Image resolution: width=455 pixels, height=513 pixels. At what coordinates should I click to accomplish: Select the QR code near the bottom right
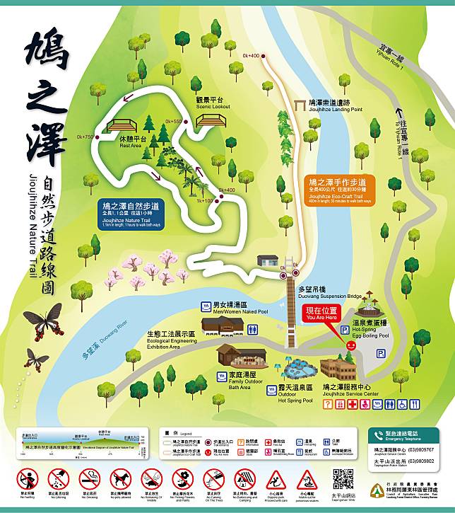[343, 479]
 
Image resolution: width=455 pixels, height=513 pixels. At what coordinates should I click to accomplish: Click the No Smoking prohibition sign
[90, 479]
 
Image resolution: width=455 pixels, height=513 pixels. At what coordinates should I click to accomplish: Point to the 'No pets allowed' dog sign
[121, 479]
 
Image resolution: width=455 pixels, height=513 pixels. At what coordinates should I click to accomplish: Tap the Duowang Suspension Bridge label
[331, 294]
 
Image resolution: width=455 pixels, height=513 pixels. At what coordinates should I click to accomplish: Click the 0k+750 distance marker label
[86, 137]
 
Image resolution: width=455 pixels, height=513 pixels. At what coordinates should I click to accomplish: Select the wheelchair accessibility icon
[402, 404]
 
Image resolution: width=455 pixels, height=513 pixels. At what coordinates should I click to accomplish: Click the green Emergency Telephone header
[406, 435]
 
